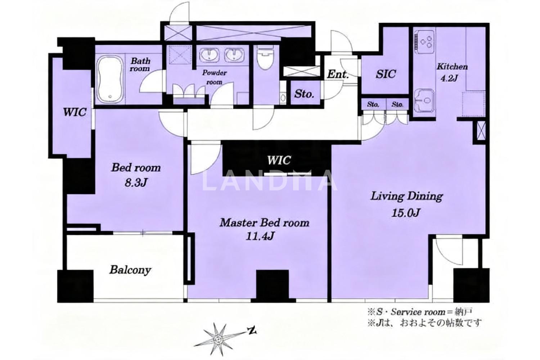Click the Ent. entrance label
coord(338,75)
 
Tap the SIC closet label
coord(386,74)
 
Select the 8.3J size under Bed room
coord(136,183)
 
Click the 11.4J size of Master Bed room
coord(260,237)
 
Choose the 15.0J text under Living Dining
coord(406,213)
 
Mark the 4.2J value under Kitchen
coord(449,78)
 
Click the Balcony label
coord(130,270)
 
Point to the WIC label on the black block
coord(279,160)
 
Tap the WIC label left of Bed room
coord(75,112)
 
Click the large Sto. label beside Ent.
coord(304,94)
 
